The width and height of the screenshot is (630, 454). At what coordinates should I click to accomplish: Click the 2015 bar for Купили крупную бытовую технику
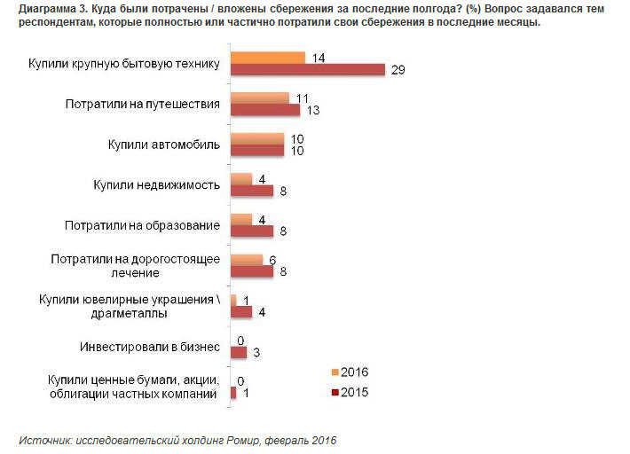307,70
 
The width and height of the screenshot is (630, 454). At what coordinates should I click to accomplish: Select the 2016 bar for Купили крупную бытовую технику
268,58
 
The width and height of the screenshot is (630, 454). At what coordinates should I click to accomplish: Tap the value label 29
398,70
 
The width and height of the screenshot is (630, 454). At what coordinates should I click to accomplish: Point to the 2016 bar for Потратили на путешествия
260,98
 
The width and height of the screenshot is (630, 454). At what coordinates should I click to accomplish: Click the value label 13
313,110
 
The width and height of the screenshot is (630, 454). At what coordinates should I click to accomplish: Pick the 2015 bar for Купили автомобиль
256,151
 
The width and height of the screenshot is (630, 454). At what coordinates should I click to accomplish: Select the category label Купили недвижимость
156,184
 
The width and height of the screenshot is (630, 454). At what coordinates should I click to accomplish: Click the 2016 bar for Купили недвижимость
240,179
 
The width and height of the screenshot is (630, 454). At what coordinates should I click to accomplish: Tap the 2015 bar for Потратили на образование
251,231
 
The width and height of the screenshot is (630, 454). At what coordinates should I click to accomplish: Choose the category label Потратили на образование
142,225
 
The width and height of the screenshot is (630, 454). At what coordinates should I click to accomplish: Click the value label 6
272,259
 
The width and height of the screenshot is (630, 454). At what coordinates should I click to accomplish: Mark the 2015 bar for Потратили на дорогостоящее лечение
251,271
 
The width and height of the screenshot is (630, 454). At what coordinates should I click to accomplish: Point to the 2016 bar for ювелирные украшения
233,300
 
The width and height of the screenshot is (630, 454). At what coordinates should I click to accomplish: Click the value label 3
256,353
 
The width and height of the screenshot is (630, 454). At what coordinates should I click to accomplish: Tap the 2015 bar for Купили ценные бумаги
233,393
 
